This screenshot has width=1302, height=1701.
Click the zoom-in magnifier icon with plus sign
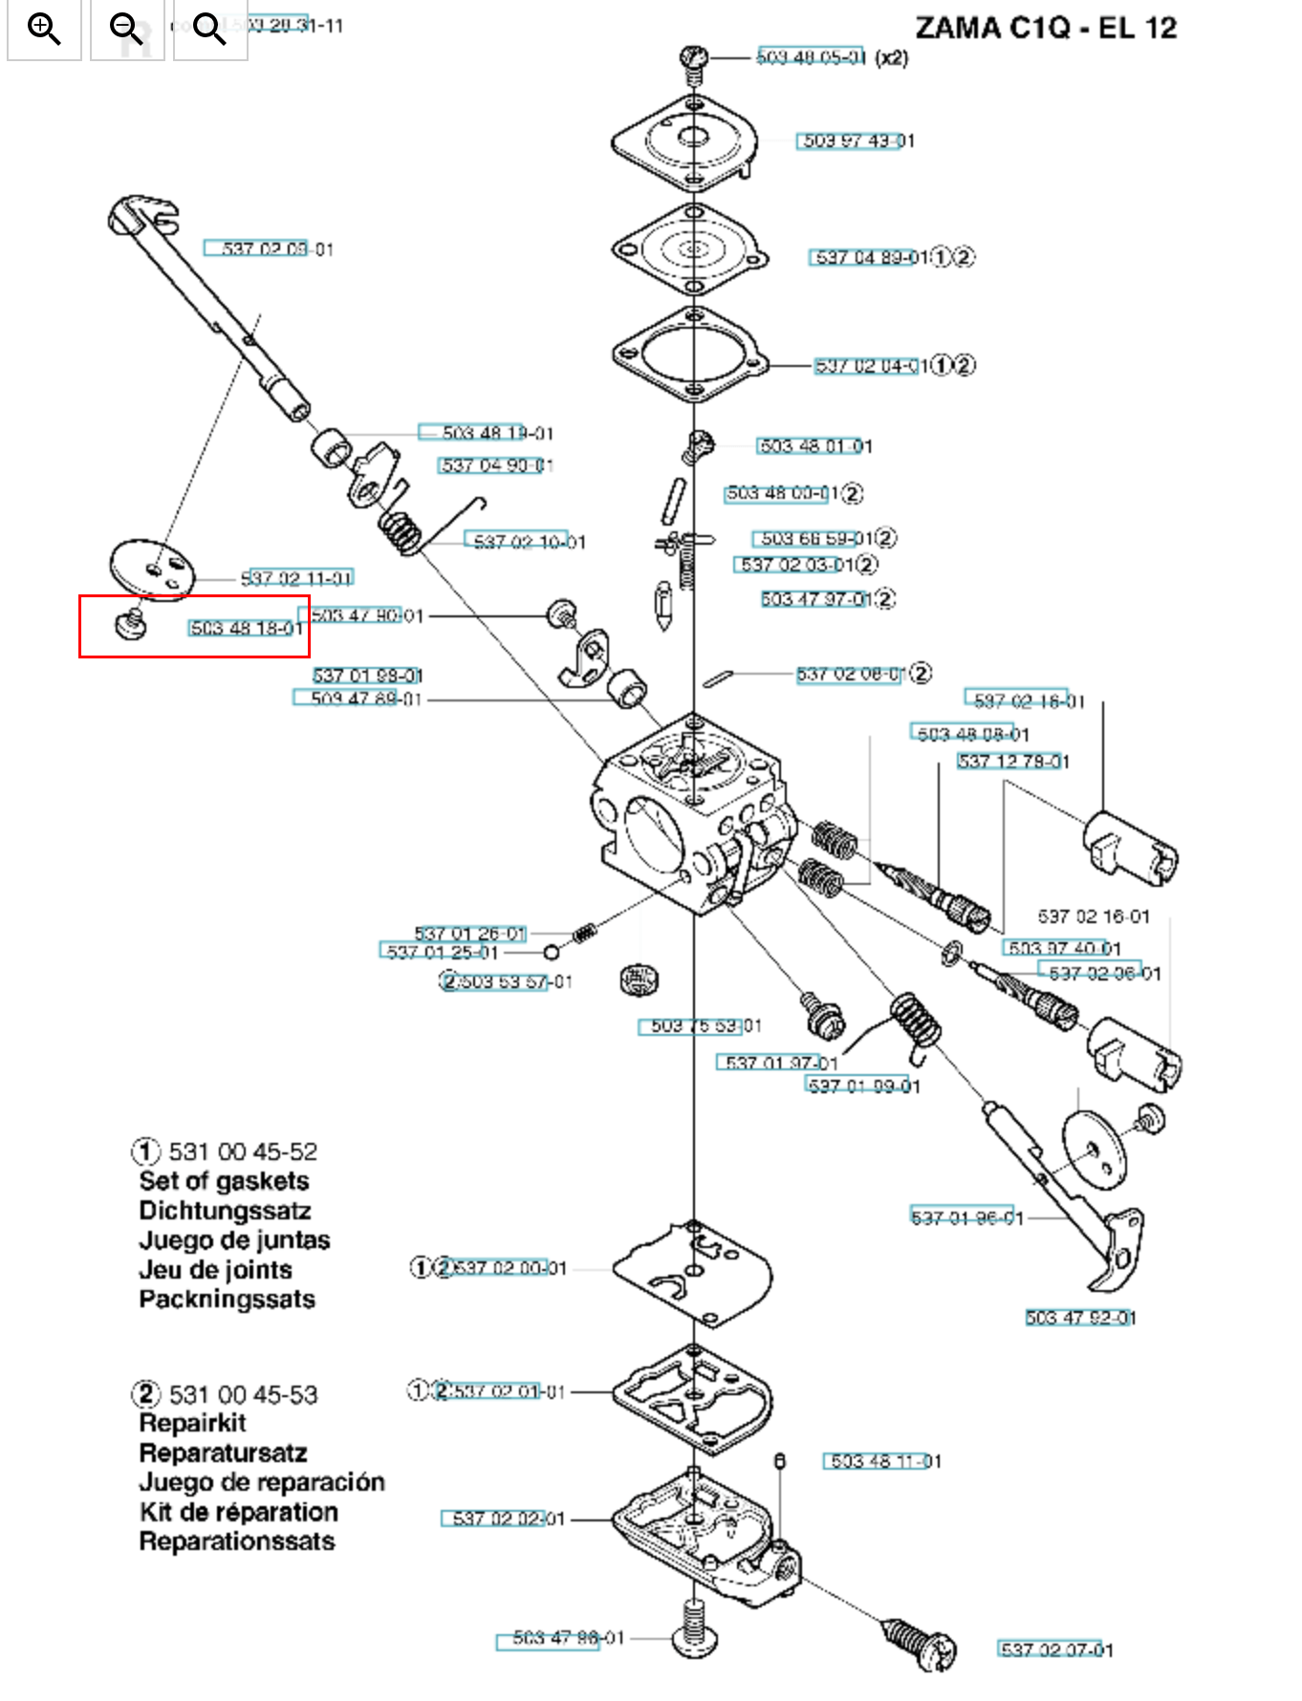(x=44, y=29)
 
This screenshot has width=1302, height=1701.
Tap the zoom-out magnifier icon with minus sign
(x=126, y=29)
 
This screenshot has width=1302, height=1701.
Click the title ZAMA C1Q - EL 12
(x=1046, y=28)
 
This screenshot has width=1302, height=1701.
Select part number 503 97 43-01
(x=857, y=141)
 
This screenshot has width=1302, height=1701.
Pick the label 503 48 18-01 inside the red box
(x=247, y=628)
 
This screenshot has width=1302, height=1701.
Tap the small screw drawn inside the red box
(x=131, y=625)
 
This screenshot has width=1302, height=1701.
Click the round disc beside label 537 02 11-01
(x=152, y=570)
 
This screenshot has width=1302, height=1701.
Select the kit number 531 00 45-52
(x=243, y=1152)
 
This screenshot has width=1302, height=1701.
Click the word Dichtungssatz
(x=225, y=1211)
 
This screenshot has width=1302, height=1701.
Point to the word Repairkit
(x=192, y=1423)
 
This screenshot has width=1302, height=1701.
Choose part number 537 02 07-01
(x=1055, y=1649)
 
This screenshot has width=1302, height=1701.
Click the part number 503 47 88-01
(x=568, y=1638)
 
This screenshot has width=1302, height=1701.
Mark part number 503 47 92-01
(x=1080, y=1318)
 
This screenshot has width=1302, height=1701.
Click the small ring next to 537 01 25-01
(x=551, y=952)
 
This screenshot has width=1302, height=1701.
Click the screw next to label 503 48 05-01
(x=695, y=59)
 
